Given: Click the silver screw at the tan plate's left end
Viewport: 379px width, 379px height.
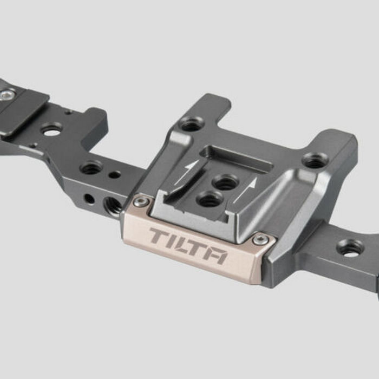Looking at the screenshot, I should tap(141, 202).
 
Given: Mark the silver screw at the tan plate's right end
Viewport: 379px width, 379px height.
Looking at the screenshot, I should tap(260, 239).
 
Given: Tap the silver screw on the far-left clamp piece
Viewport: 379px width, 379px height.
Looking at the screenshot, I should tap(7, 95).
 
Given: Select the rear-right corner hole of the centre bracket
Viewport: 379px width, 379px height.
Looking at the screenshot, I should tap(315, 160).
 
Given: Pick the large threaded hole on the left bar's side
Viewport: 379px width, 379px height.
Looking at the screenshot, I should tap(113, 205).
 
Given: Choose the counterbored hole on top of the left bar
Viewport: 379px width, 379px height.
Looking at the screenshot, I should tap(91, 167).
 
